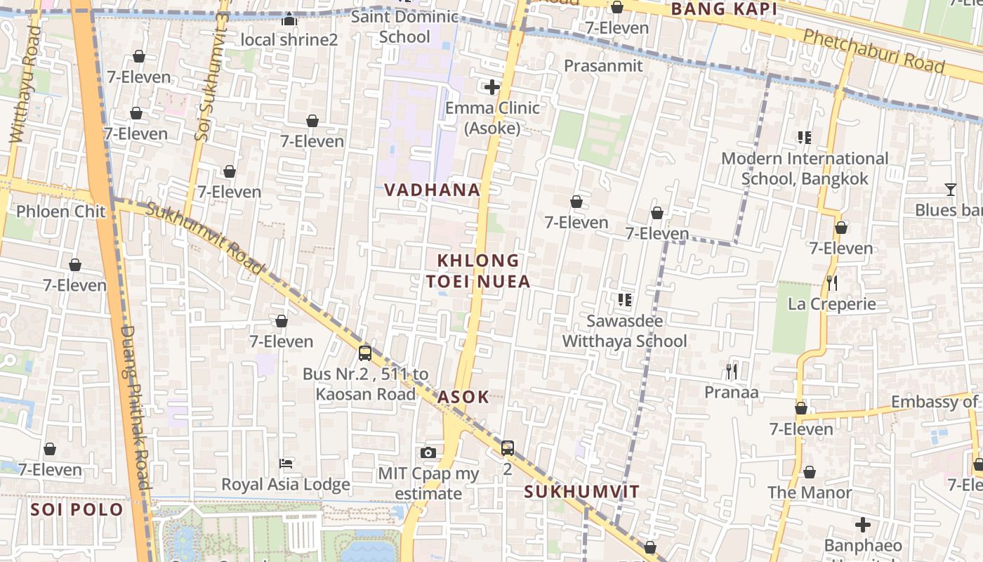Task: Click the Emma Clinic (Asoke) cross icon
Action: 492,87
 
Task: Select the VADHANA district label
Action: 433,190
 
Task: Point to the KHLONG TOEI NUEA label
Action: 478,271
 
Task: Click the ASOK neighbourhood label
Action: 463,397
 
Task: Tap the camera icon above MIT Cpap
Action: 428,453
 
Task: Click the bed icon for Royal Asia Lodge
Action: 286,463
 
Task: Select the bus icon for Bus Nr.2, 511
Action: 365,353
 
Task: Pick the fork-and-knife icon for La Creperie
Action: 832,283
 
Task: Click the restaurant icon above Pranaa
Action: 732,371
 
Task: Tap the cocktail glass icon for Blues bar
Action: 950,190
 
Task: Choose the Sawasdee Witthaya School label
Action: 625,331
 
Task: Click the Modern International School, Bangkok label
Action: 805,169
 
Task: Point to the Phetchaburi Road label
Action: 873,51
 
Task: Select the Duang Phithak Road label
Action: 136,407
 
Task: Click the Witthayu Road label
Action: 24,84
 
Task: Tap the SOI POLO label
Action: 77,509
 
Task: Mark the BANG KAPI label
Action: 724,9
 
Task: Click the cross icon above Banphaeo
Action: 863,525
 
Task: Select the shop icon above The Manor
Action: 810,472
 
